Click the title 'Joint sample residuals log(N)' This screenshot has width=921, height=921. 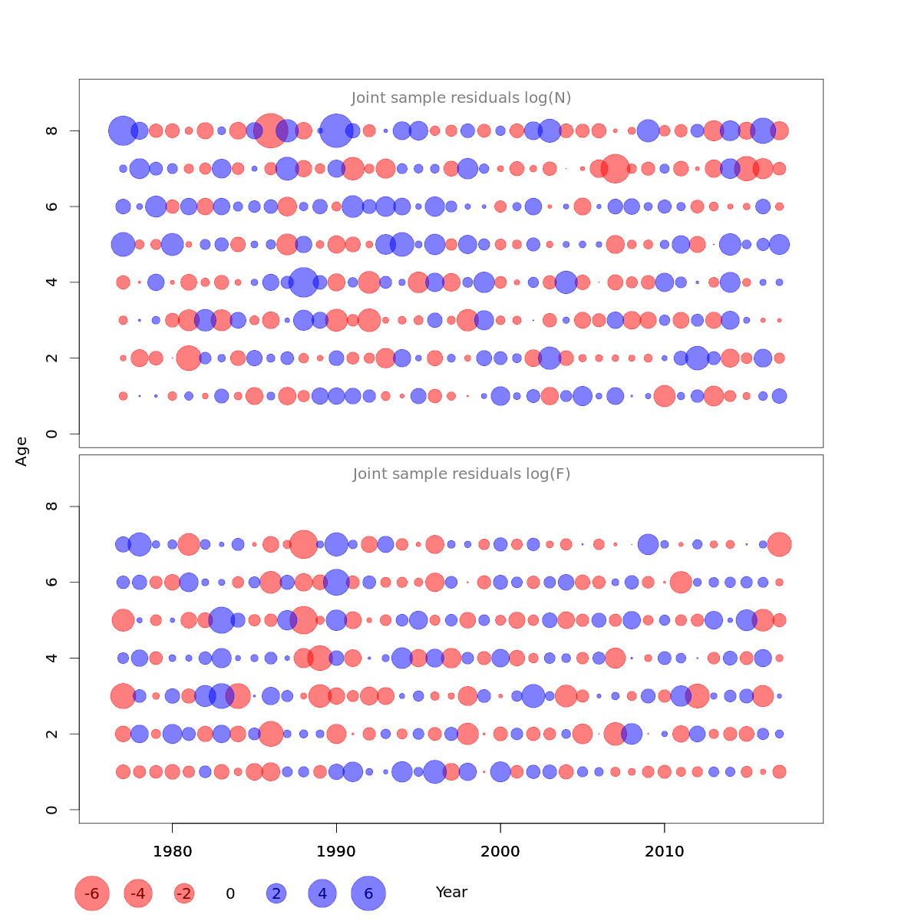461,98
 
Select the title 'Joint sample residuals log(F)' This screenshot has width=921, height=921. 461,474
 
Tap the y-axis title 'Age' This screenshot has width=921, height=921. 22,451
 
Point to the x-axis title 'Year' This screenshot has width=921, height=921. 451,893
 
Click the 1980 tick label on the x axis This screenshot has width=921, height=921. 172,851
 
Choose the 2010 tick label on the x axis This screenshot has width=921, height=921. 665,851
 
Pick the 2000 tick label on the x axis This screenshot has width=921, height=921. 500,851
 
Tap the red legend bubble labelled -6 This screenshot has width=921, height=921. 92,893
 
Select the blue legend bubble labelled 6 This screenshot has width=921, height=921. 368,893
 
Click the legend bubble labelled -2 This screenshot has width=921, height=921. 184,893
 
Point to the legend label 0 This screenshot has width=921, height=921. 230,893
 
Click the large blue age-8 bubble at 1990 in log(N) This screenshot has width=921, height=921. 336,130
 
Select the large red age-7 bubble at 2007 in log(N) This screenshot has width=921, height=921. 615,168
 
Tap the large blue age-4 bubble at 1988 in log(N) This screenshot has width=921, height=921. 303,282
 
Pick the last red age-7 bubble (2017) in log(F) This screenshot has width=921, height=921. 779,544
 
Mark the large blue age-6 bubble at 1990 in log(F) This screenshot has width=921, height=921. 336,582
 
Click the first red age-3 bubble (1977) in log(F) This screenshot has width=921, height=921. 123,696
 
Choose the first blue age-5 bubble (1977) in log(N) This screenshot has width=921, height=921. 123,245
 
